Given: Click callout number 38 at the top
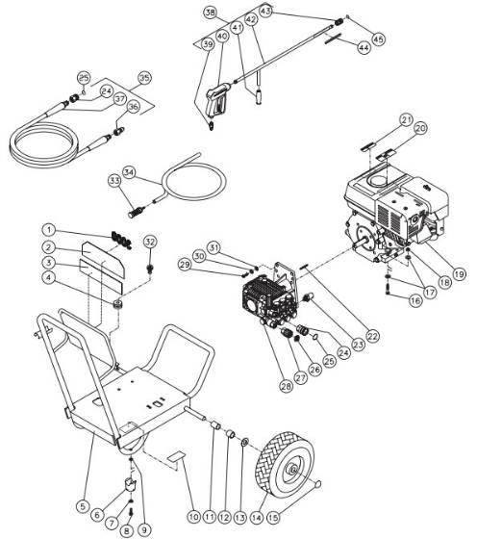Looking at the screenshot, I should coord(211,13).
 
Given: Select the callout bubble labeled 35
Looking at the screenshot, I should coord(144,77).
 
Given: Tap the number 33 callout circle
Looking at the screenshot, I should coord(113,179).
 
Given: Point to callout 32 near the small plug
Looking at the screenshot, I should coord(149,241).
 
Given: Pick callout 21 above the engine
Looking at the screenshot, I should coord(406,119).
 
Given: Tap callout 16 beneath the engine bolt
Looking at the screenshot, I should coord(414,301).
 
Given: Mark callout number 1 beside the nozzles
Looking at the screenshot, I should coord(49,230).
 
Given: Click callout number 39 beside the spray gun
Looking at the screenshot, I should coord(209,44).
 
